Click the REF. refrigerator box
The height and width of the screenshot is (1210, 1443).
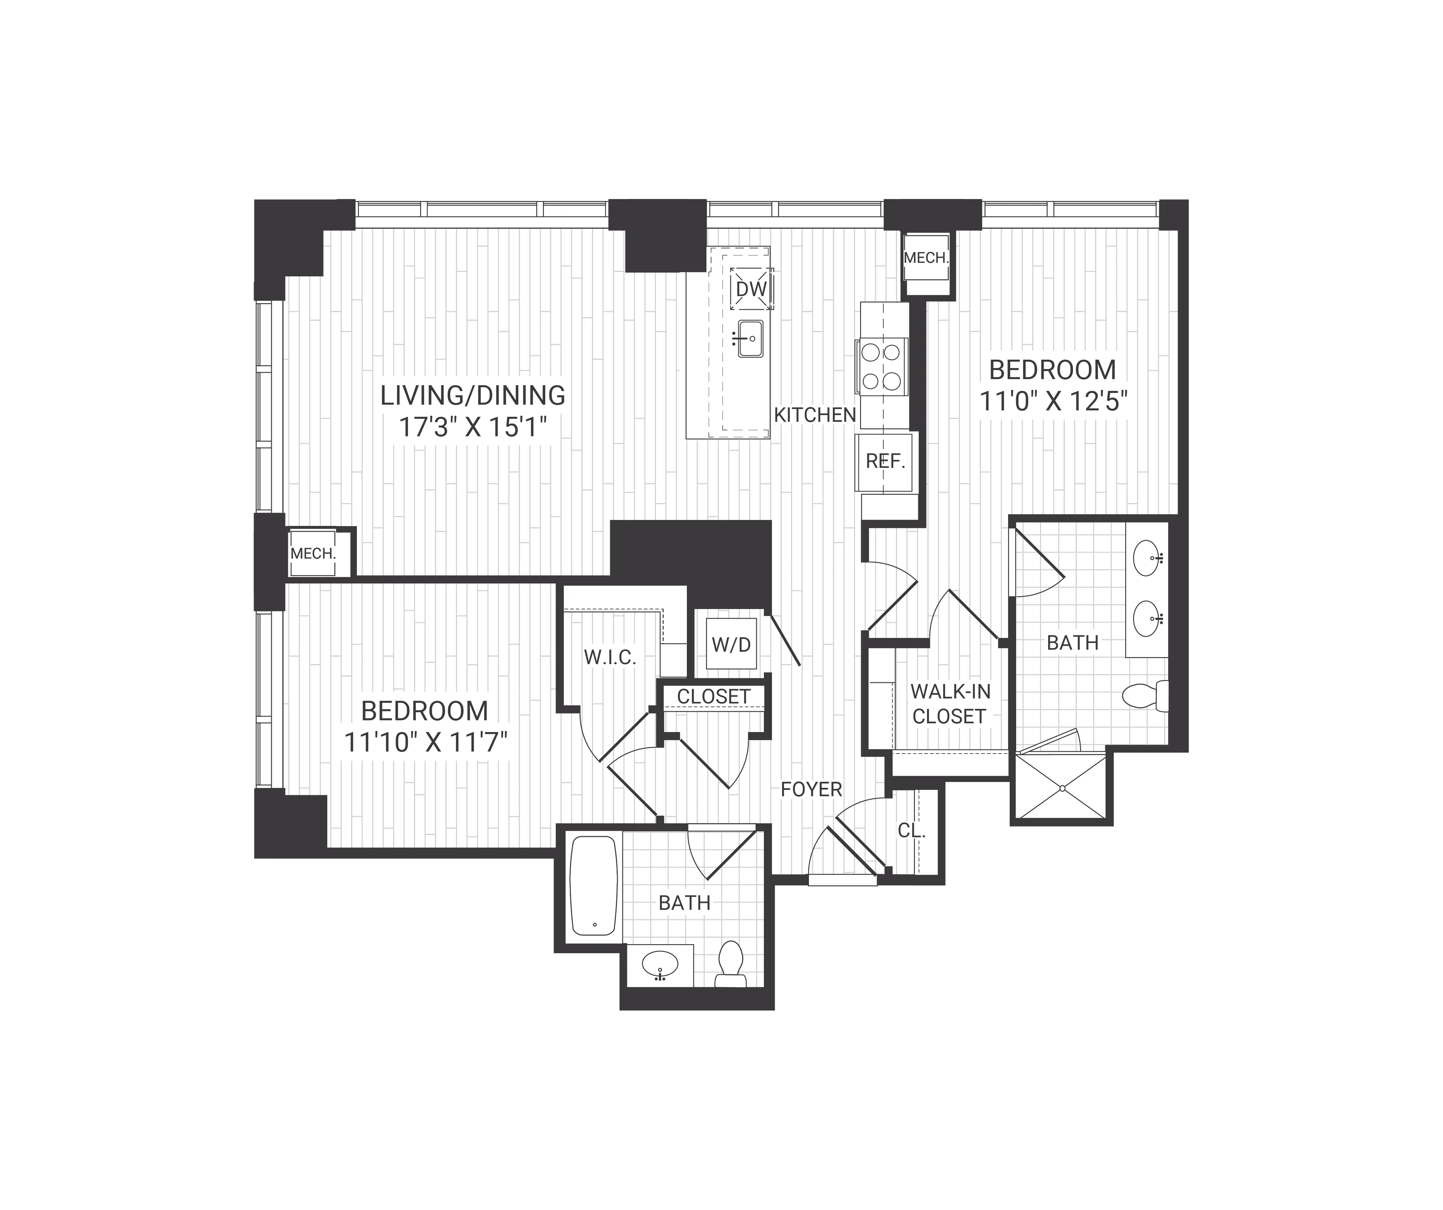coord(885,461)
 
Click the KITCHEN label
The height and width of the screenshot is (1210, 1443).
coord(815,415)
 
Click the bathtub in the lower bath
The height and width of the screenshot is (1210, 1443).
coord(594,886)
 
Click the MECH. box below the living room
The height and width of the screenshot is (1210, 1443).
coord(313,553)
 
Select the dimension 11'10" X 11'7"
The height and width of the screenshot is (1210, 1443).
coord(425,742)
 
